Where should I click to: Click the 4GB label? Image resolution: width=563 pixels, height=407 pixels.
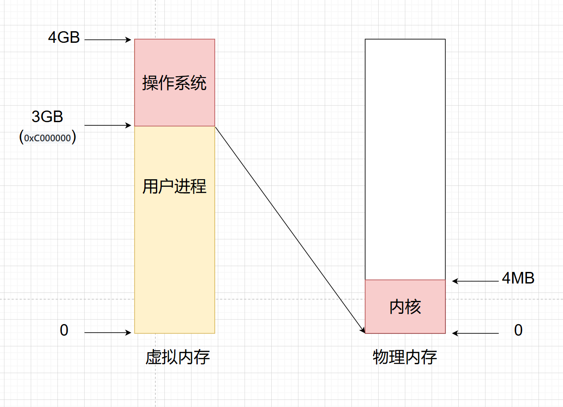[64, 37]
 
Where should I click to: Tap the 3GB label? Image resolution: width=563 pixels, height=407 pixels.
[47, 117]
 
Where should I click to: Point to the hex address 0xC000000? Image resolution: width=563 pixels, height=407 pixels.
[48, 138]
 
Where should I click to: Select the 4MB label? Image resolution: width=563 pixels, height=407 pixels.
[518, 278]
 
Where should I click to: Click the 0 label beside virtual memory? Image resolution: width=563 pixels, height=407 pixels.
[64, 330]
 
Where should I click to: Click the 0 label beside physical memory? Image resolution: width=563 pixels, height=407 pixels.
[518, 330]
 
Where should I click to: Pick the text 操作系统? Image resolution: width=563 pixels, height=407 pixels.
[175, 83]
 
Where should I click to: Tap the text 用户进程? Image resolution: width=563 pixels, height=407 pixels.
[175, 186]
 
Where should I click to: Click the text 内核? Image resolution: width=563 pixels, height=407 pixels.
[405, 307]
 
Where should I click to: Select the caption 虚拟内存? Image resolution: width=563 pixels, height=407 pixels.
[178, 358]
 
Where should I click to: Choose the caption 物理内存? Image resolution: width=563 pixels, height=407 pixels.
[405, 358]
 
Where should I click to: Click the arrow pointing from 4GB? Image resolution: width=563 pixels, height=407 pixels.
[108, 40]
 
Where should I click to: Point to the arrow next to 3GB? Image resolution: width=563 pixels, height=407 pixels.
[108, 126]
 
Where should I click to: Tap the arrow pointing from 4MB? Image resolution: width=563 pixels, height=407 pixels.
[475, 281]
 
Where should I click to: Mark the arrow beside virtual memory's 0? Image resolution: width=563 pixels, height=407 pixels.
[108, 333]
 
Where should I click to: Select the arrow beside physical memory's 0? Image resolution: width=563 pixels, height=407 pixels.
[475, 333]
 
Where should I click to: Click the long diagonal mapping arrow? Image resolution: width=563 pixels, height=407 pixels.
[290, 230]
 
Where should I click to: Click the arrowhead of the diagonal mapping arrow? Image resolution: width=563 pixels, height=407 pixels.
[363, 330]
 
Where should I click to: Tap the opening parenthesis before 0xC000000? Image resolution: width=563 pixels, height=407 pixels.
[21, 138]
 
